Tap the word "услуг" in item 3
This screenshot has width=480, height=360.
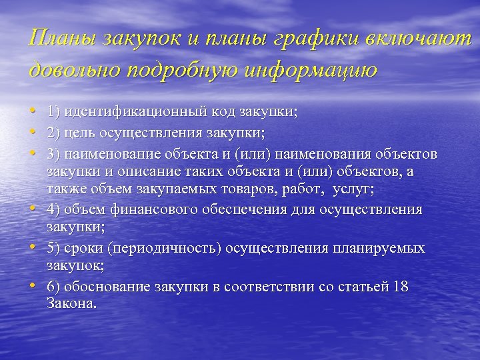pos(355,189)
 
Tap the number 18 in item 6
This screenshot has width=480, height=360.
pos(400,287)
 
